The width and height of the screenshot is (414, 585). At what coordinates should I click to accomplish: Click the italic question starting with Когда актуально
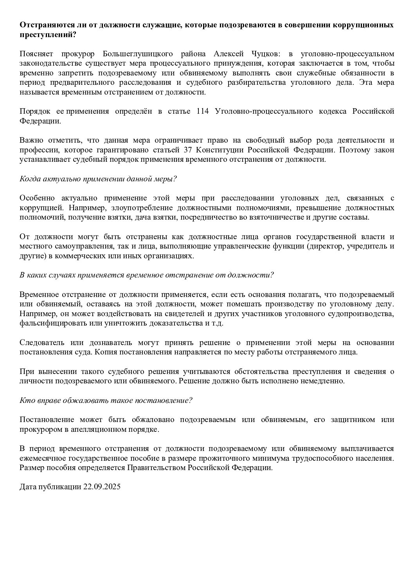coord(98,179)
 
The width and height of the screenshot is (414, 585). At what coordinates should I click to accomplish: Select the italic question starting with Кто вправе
coord(106,400)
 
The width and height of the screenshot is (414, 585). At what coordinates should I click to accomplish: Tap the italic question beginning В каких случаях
coord(146,275)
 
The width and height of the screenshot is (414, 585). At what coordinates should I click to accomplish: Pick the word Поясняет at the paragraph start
coord(34,54)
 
